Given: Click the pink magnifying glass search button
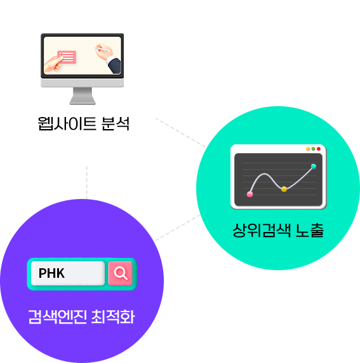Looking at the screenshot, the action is pos(120,273).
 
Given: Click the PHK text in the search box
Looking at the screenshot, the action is pos(51,273).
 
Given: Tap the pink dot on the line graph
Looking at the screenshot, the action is pos(250,195).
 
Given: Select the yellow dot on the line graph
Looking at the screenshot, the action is pos(284,189).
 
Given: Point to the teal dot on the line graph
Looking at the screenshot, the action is pos(314,166).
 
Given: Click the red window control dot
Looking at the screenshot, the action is pos(319,149).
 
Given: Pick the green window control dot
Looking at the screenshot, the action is pos(313,149).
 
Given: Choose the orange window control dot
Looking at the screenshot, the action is pos(308,149).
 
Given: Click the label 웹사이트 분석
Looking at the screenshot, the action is pos(83,123).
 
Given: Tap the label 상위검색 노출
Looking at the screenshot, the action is pos(278,230).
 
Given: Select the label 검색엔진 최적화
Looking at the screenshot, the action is pos(81,317).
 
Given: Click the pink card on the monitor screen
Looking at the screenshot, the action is pos(67,57).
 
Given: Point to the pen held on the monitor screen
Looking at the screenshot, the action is pos(102,50).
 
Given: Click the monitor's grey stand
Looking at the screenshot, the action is pos(83,95).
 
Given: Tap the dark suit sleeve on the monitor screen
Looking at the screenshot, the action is pos(115,65).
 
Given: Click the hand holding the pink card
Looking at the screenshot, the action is pos(53,64).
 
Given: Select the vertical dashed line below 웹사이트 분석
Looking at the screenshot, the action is pos(87,182).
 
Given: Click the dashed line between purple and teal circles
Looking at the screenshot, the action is pos(178,228).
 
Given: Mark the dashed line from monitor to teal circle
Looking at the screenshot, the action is pos(181,133).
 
